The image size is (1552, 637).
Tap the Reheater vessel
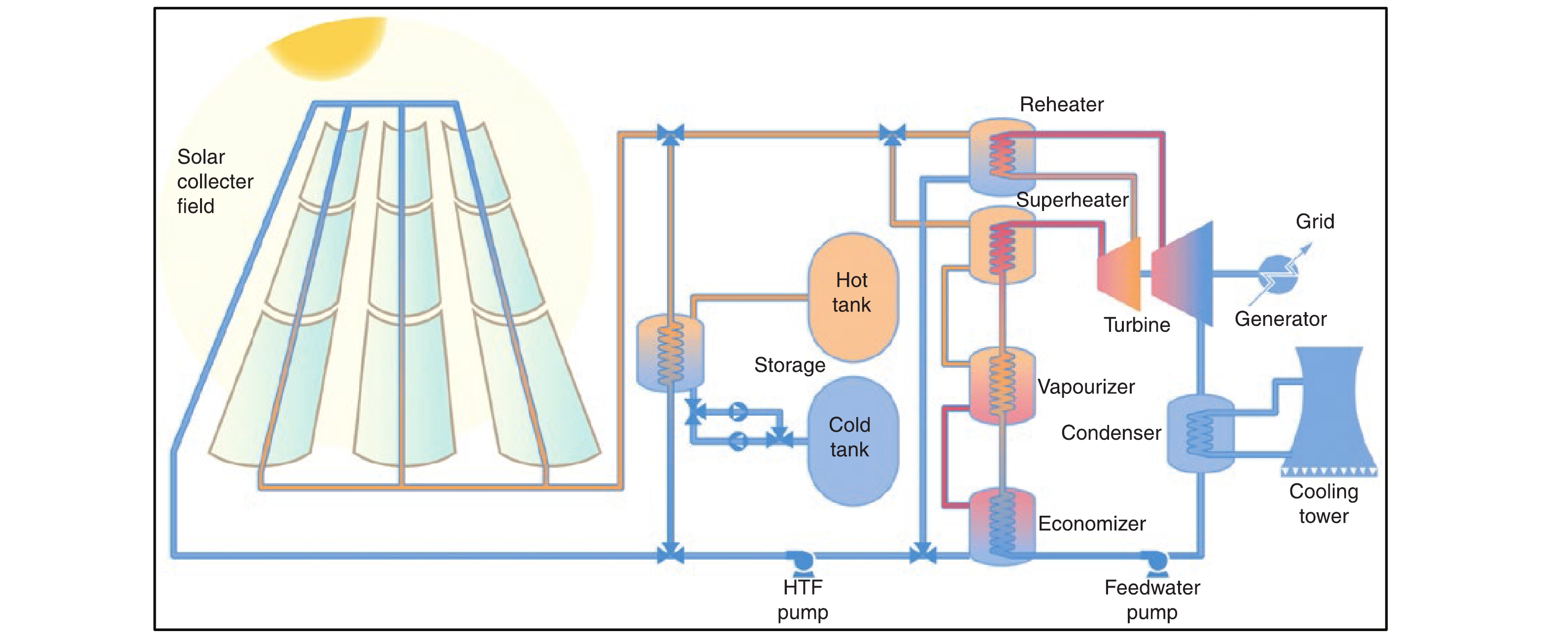pyautogui.click(x=1001, y=157)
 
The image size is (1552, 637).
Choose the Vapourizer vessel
pyautogui.click(x=1001, y=386)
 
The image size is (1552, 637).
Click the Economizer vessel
pyautogui.click(x=1001, y=526)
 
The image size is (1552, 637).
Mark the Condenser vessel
pyautogui.click(x=1200, y=433)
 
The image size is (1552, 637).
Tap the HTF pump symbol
pyautogui.click(x=802, y=561)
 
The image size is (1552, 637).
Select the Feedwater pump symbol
pyautogui.click(x=1155, y=561)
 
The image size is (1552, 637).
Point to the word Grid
pyautogui.click(x=1315, y=222)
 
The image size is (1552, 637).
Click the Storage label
pyautogui.click(x=789, y=365)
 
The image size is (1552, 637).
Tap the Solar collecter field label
pyautogui.click(x=214, y=181)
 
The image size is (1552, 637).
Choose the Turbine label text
pyautogui.click(x=1136, y=325)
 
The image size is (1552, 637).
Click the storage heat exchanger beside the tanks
pyautogui.click(x=670, y=353)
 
